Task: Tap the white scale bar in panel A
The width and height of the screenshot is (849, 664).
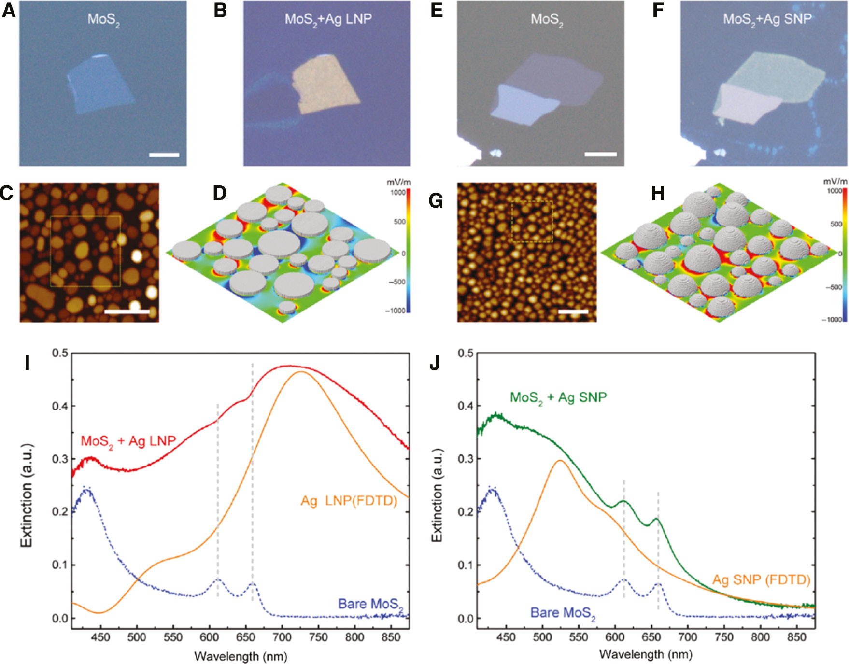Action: click(164, 155)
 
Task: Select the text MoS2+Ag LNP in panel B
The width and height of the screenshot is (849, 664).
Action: click(328, 19)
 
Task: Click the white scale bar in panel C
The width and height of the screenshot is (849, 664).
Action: click(127, 312)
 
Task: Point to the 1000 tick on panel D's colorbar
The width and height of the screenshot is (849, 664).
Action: click(398, 193)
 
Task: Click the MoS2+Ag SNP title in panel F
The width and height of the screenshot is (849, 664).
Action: click(767, 19)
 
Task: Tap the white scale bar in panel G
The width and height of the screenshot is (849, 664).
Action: click(573, 312)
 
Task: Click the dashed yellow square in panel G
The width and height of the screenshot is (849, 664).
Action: click(532, 222)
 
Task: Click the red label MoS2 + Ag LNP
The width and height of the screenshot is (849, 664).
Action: click(128, 441)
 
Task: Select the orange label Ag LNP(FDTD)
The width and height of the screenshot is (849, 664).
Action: click(349, 501)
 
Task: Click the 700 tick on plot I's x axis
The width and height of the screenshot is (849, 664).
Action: click(282, 637)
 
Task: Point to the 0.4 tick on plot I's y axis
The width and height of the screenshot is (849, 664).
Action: click(60, 406)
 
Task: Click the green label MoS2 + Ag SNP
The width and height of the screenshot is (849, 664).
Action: click(558, 398)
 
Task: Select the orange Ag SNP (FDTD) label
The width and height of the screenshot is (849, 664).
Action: click(761, 579)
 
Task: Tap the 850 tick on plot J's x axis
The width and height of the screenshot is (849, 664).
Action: click(796, 637)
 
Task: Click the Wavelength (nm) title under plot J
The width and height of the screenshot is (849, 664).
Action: click(646, 655)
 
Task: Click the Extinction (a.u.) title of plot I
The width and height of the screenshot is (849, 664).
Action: click(27, 495)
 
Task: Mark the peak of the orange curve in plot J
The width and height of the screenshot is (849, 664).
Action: click(560, 460)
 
